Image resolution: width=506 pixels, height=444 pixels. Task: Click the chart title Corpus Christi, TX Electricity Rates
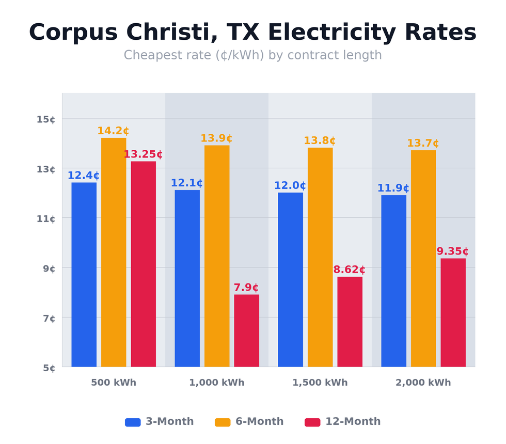(x=252, y=33)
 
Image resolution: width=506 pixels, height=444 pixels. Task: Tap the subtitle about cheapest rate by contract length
(x=252, y=55)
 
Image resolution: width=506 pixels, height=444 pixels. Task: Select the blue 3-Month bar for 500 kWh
(x=84, y=274)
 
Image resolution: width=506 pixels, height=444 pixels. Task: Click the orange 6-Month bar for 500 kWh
(x=114, y=252)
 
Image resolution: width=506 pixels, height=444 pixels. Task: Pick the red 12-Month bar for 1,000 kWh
(x=246, y=330)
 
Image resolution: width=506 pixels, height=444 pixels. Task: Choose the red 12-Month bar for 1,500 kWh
(x=350, y=322)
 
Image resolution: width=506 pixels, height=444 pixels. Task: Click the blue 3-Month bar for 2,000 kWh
(x=393, y=281)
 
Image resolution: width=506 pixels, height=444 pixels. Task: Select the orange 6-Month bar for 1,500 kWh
(x=320, y=257)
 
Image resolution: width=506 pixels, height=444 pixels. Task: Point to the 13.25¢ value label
(x=143, y=154)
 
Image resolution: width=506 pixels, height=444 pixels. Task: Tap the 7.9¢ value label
(x=246, y=288)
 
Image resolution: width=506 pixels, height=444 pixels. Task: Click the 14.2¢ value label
(x=113, y=131)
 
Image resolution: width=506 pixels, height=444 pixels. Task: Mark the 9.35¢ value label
(x=453, y=251)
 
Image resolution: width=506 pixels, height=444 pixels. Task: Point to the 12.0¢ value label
(x=290, y=186)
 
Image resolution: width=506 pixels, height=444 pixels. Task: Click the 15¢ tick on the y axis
(x=46, y=119)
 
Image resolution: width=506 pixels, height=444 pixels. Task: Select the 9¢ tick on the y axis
(x=46, y=268)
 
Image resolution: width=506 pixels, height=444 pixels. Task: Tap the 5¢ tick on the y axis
(x=46, y=368)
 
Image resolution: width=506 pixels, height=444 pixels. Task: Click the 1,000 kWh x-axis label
(x=217, y=383)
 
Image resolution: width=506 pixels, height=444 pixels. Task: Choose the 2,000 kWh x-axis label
(x=423, y=383)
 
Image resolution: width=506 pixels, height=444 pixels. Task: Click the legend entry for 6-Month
(x=249, y=422)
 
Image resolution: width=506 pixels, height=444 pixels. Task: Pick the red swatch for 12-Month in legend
(x=312, y=422)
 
